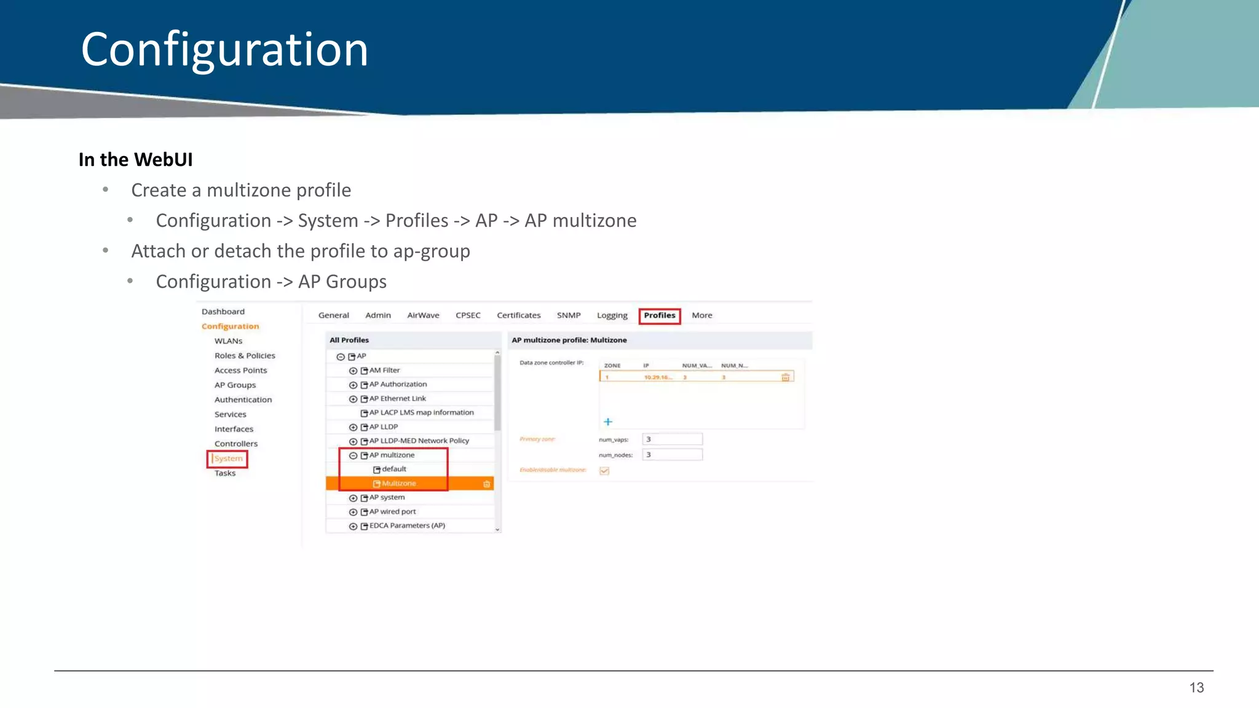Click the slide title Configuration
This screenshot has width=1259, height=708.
(x=224, y=49)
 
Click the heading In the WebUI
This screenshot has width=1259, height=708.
(x=135, y=160)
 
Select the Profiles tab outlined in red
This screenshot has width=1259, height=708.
(x=659, y=315)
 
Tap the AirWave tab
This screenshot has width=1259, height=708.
(x=423, y=315)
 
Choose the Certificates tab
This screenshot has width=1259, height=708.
(x=518, y=315)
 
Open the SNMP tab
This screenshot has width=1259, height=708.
(x=569, y=315)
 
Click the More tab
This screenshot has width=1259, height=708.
(x=701, y=315)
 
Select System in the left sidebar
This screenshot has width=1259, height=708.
(x=228, y=458)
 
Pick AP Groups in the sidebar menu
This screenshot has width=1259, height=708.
(x=235, y=385)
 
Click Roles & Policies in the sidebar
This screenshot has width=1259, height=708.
(x=245, y=356)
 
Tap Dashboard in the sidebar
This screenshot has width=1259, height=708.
(x=223, y=312)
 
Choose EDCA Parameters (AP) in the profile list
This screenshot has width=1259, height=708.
(x=407, y=526)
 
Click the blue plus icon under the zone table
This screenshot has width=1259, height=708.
(x=608, y=422)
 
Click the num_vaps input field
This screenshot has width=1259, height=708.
(x=672, y=439)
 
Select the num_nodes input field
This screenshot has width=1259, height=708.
(x=672, y=455)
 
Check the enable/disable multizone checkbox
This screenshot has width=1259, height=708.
(x=604, y=471)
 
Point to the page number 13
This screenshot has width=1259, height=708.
(x=1196, y=688)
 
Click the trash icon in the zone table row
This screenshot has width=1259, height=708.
(x=785, y=377)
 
